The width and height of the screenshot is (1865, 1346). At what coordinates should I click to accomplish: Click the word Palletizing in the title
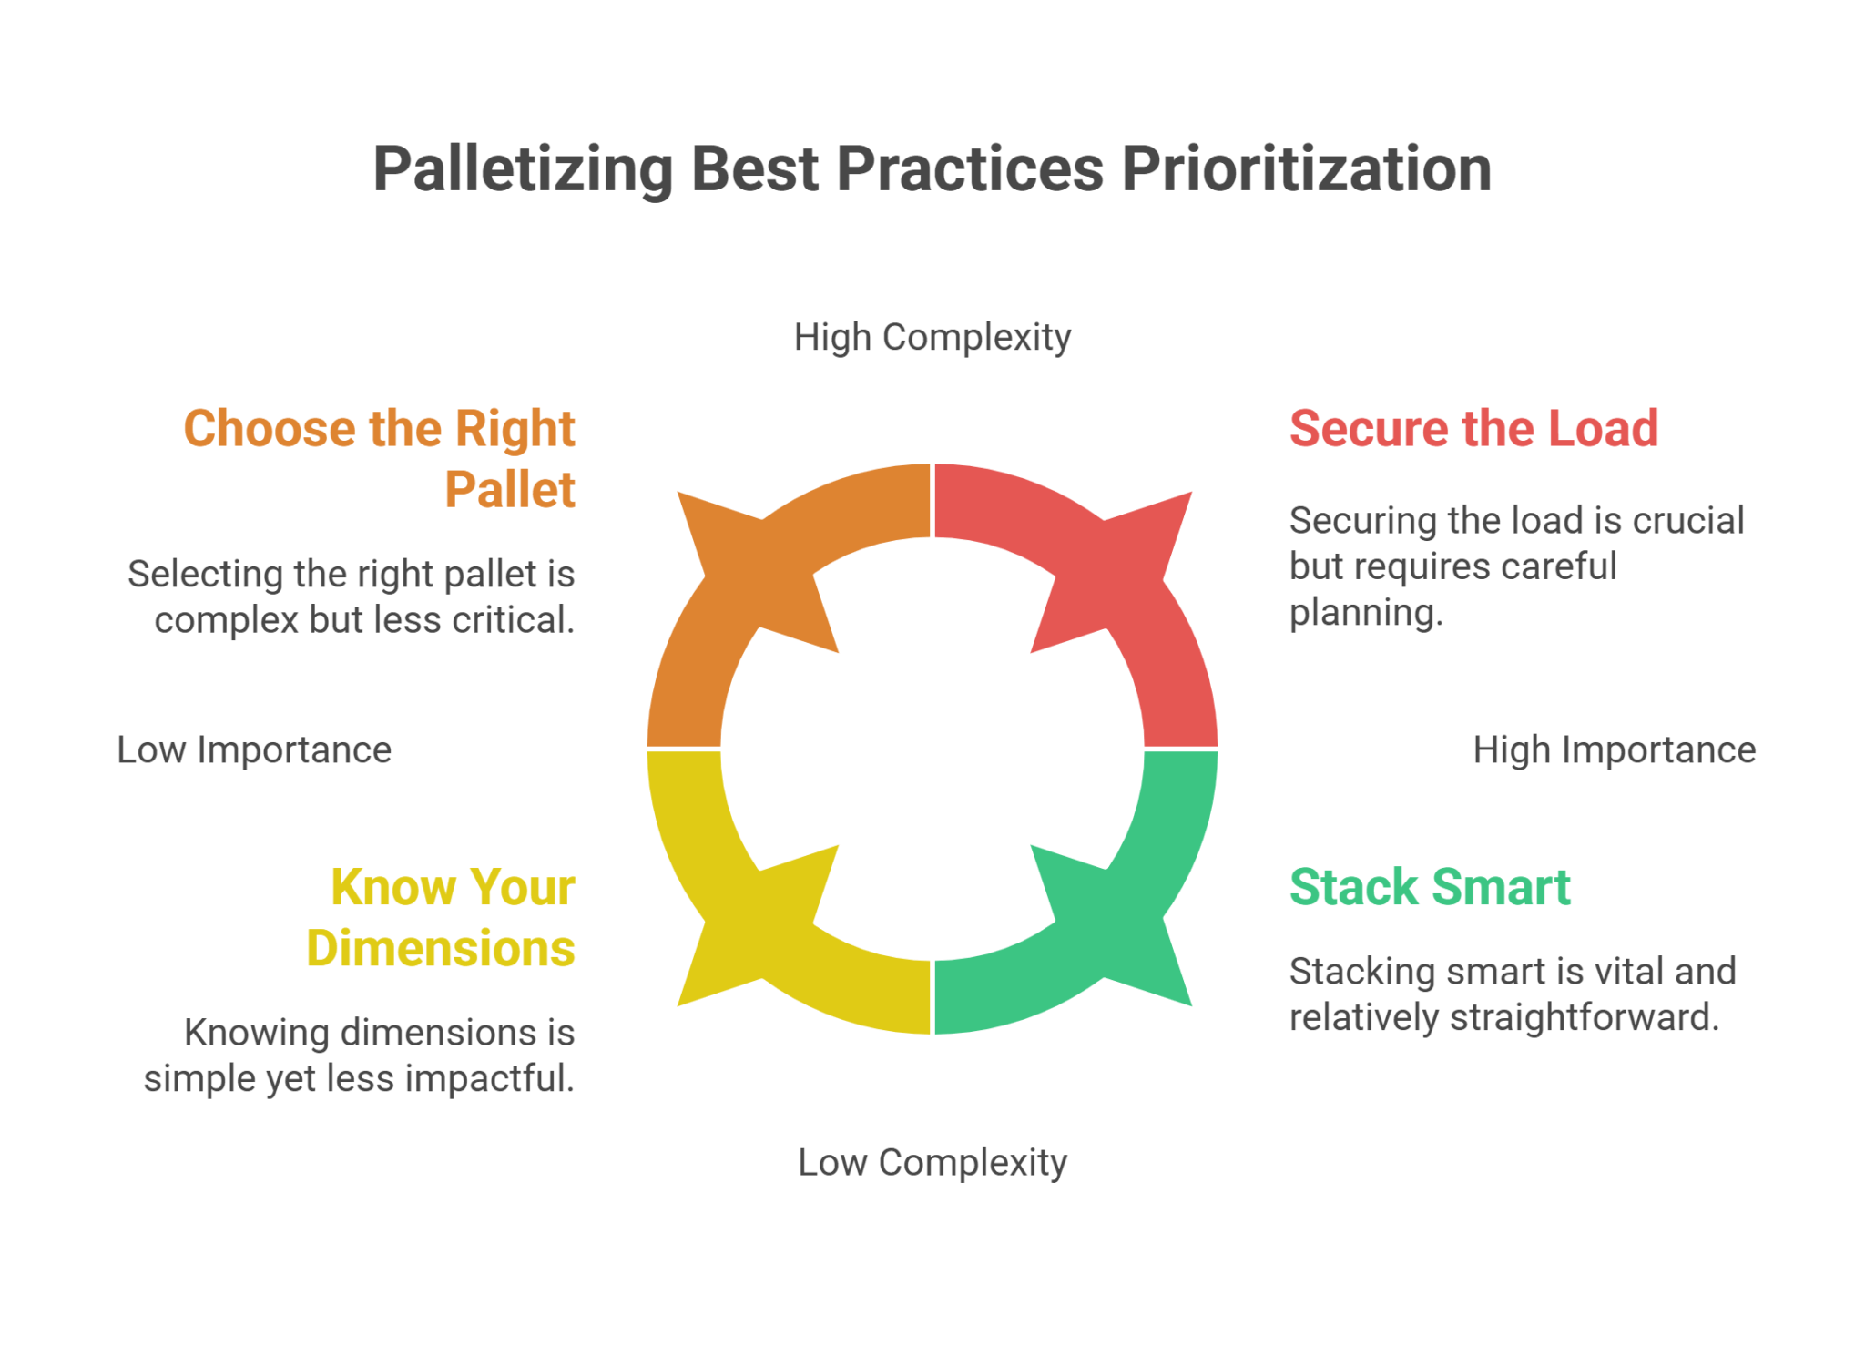point(523,170)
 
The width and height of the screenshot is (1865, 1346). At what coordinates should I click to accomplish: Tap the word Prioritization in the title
point(1306,170)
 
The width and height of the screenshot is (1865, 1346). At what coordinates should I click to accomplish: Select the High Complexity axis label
point(932,338)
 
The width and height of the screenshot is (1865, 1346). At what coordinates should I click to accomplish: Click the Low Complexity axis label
point(932,1163)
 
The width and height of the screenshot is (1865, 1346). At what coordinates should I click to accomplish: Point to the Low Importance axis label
point(254,750)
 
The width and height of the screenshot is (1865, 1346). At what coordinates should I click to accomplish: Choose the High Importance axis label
point(1614,750)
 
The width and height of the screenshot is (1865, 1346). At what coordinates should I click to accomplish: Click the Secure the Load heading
point(1473,429)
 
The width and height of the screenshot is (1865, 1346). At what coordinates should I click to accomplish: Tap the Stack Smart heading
point(1430,887)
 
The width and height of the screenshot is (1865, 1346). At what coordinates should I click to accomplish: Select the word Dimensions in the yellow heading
point(441,949)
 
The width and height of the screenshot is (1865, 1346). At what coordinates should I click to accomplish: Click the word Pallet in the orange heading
point(510,490)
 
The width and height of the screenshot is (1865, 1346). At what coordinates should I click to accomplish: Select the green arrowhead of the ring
point(1120,929)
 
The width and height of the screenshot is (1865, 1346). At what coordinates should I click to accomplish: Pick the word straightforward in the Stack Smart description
point(1584,1018)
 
